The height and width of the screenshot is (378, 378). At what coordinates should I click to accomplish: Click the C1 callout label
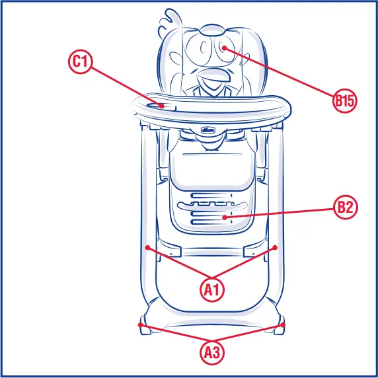click(80, 62)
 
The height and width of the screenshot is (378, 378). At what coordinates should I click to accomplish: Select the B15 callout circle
click(344, 101)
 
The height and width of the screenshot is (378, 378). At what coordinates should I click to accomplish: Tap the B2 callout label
click(344, 207)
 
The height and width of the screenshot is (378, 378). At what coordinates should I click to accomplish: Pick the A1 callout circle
click(212, 289)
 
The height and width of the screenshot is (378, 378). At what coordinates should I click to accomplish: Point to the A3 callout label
click(212, 353)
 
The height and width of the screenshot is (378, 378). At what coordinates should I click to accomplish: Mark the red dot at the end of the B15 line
click(225, 48)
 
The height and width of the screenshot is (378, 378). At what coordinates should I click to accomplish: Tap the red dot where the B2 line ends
click(225, 217)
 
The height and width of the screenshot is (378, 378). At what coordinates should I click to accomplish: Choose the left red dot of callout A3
click(140, 325)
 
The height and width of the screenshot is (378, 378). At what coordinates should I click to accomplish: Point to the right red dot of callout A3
click(283, 325)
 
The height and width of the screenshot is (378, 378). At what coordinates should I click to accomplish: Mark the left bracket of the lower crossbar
click(175, 252)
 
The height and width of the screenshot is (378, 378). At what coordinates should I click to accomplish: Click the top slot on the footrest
click(211, 196)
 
